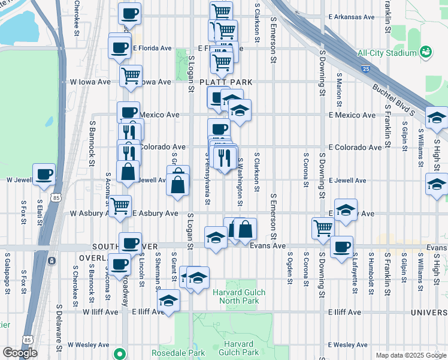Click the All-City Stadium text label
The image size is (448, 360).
click(386, 53)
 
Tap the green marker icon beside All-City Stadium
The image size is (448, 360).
click(426, 53)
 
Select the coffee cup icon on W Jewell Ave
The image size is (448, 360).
click(44, 175)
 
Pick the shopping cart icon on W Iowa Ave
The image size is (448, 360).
click(131, 76)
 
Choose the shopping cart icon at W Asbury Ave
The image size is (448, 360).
click(120, 206)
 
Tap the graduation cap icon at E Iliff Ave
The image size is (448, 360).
click(169, 302)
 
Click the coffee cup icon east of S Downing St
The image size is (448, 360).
click(341, 247)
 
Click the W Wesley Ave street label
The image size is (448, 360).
click(88, 345)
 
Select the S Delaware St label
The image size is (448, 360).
click(59, 328)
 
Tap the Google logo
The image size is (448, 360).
click(20, 353)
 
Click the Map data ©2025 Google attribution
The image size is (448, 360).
click(410, 355)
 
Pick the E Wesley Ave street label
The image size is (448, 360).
click(347, 345)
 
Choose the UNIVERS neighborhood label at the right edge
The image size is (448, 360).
click(429, 313)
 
